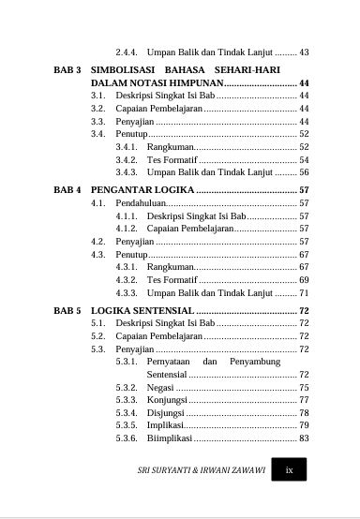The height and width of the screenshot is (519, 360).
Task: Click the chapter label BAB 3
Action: [68, 70]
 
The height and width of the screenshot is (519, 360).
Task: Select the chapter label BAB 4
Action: [68, 189]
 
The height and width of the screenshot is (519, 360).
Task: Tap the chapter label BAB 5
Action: [68, 309]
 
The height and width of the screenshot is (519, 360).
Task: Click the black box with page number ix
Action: [290, 470]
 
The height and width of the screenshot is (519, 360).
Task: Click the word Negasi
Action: [160, 387]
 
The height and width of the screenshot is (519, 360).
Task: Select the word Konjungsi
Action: [167, 400]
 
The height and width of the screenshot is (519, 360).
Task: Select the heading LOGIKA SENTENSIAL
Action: [142, 309]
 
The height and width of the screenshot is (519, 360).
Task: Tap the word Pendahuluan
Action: [142, 202]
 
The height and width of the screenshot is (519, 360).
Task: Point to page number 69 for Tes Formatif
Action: [304, 280]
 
